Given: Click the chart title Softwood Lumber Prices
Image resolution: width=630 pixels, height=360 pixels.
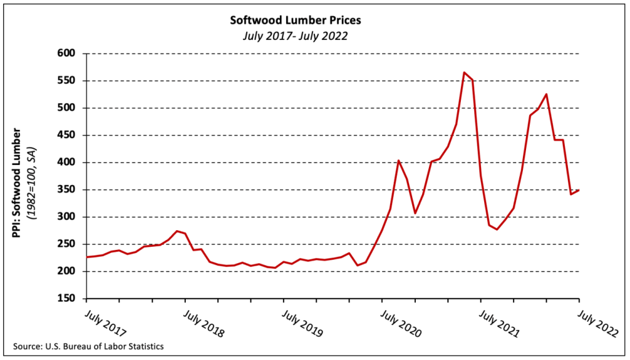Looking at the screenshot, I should (x=295, y=20).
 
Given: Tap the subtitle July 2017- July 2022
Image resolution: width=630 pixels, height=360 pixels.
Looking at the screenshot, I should (x=295, y=36).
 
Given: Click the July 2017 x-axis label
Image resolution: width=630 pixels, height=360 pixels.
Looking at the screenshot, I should (x=103, y=322).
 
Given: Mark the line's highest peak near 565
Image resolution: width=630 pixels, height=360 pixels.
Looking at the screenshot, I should (x=464, y=73).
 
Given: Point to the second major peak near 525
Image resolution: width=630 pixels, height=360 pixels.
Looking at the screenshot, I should (x=546, y=94).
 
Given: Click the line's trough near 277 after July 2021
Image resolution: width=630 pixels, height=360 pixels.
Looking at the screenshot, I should (x=497, y=230).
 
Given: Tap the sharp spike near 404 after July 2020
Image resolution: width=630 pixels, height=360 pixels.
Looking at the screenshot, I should (x=399, y=161).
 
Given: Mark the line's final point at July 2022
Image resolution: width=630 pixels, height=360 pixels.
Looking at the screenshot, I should (x=578, y=190).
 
